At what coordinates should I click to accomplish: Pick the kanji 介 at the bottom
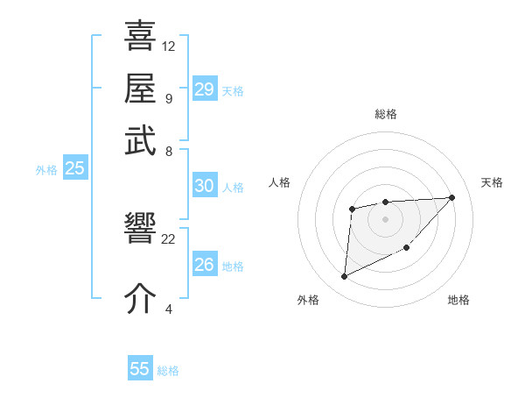[x=140, y=298]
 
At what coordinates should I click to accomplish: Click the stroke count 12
[x=169, y=46]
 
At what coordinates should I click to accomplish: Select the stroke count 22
[x=169, y=238]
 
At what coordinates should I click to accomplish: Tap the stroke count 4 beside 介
[x=168, y=308]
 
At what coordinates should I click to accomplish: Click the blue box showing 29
[x=205, y=89]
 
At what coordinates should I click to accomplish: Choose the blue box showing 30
[x=205, y=186]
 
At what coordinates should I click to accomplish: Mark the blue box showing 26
[x=205, y=264]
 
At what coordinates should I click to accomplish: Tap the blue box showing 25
[x=74, y=169]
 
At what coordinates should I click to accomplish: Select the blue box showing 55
[x=140, y=369]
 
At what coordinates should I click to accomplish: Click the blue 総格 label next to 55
[x=168, y=371]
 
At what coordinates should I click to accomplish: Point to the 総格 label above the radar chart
[x=385, y=114]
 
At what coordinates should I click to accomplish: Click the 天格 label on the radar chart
[x=492, y=182]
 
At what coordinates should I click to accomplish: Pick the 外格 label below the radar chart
[x=307, y=301]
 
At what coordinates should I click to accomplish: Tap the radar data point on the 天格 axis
[x=451, y=197]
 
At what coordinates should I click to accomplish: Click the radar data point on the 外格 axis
[x=344, y=277]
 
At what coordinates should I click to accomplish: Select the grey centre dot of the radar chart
[x=385, y=218]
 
